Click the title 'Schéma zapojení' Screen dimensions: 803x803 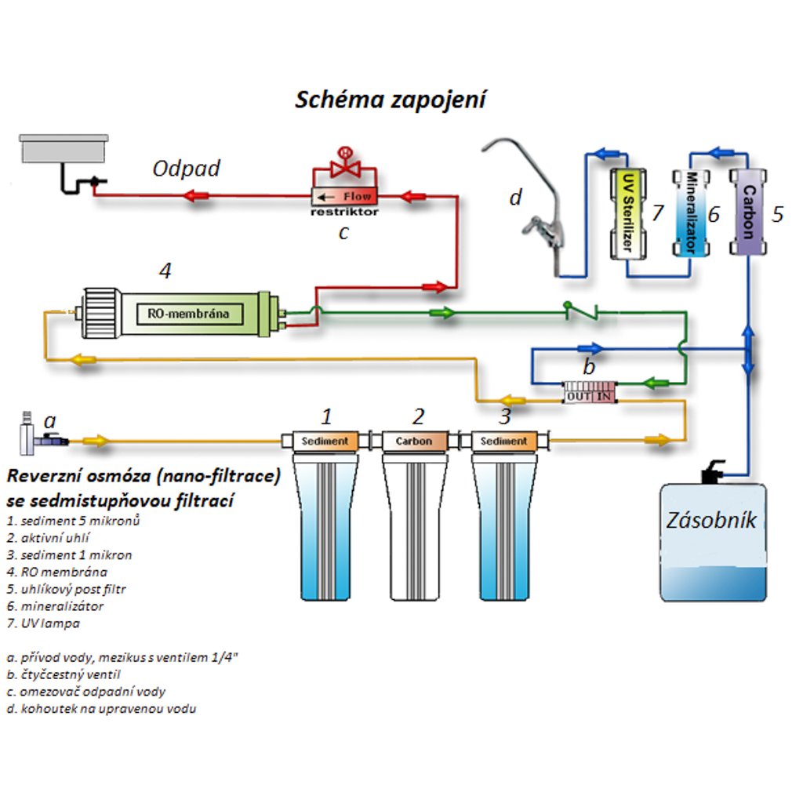[x=391, y=100]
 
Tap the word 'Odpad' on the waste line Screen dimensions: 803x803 [x=186, y=169]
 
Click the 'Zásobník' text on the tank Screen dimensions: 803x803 [x=711, y=520]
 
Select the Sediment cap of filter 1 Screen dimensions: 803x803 [x=325, y=441]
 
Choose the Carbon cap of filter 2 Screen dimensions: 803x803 [x=413, y=441]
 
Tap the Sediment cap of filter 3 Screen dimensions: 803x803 [x=503, y=441]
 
